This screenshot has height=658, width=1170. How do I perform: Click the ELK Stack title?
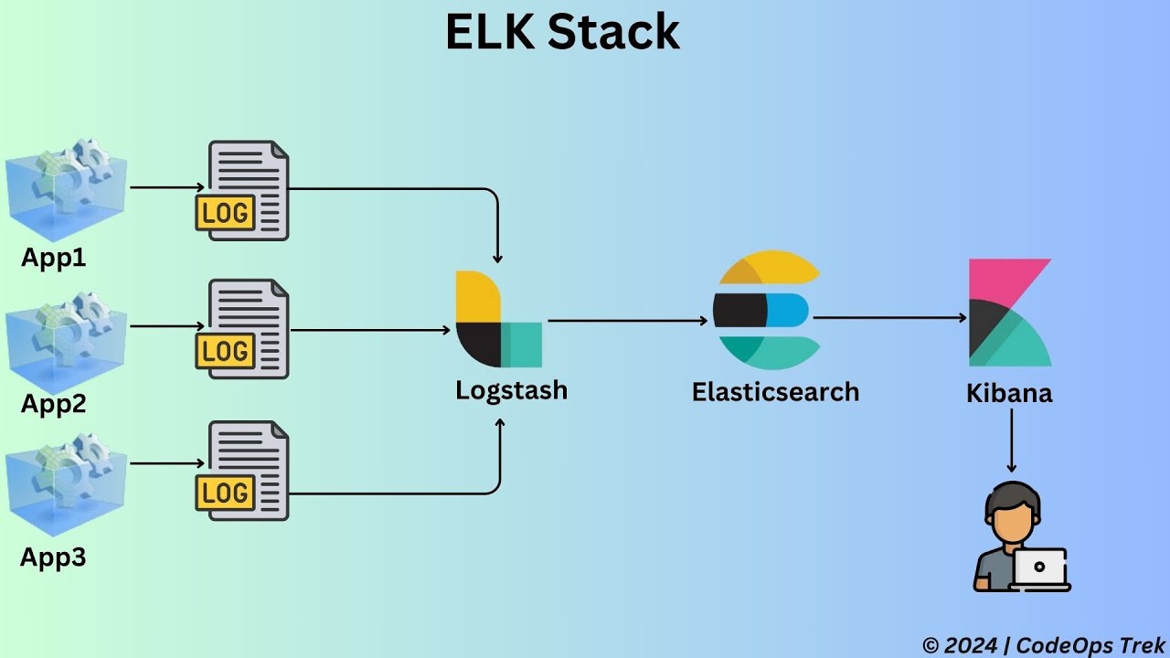point(562,32)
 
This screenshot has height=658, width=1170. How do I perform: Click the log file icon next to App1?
point(243,191)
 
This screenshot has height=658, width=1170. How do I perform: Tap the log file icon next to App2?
point(243,329)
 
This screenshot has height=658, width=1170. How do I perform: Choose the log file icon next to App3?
point(243,471)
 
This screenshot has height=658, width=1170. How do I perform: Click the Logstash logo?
point(498,319)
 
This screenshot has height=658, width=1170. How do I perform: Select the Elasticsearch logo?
point(766,310)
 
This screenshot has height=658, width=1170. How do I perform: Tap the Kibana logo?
point(1009,313)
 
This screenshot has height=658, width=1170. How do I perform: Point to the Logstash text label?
point(511,390)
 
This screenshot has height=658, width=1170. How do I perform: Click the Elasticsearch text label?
point(775,392)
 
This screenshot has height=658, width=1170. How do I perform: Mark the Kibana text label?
point(1009,394)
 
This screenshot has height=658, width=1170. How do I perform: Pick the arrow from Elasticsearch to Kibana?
point(889,318)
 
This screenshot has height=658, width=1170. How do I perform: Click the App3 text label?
point(53,557)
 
